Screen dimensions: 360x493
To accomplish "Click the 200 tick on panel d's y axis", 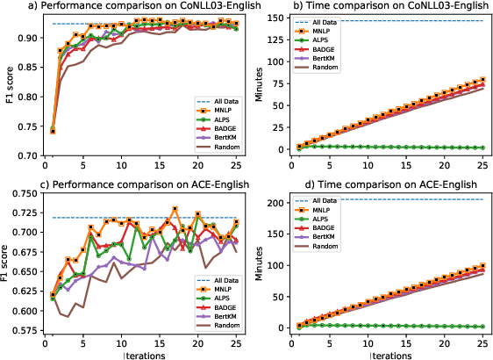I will tap(273, 203).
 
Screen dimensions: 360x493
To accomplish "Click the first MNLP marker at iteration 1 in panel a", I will tap(53, 131).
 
